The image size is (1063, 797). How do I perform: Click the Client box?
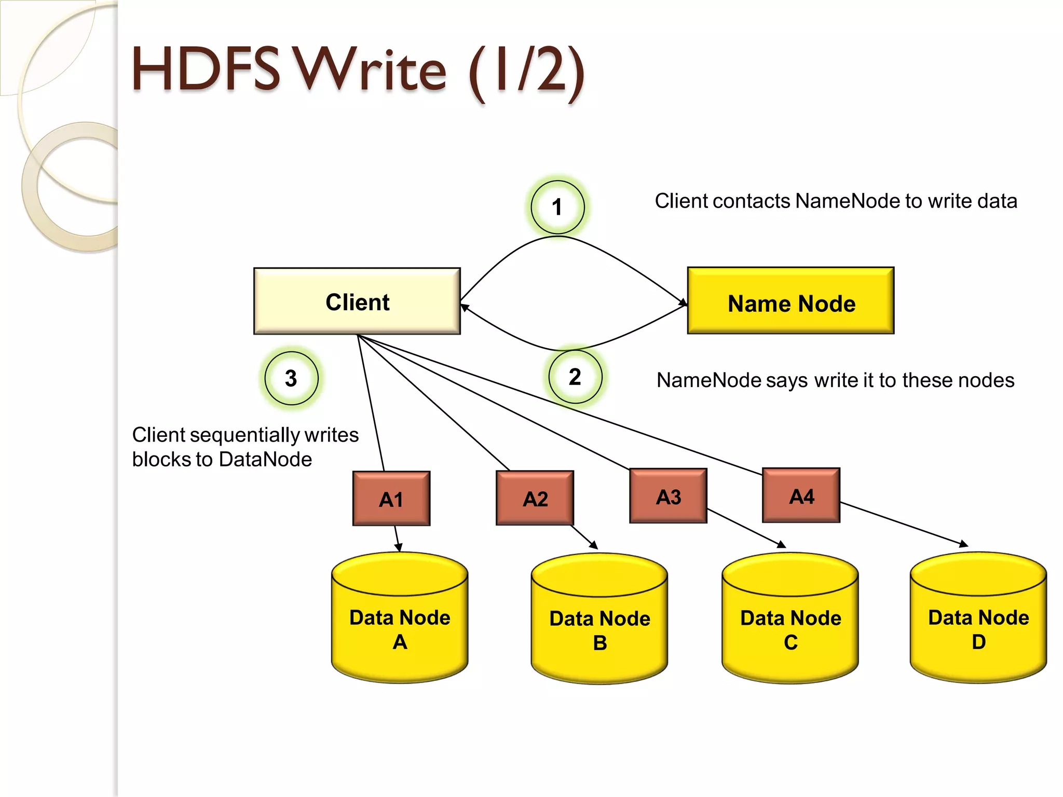pyautogui.click(x=357, y=301)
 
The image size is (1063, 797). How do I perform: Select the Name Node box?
pyautogui.click(x=791, y=301)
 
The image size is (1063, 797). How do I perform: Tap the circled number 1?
pyautogui.click(x=557, y=207)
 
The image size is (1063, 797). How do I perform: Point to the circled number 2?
pyautogui.click(x=575, y=377)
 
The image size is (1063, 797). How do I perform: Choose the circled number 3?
pyautogui.click(x=291, y=378)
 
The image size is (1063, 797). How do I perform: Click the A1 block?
pyautogui.click(x=391, y=499)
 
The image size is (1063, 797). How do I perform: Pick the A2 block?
pyautogui.click(x=535, y=498)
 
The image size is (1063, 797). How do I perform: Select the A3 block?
pyautogui.click(x=669, y=496)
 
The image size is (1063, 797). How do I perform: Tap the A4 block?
pyautogui.click(x=801, y=496)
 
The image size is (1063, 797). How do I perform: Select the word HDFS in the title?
pyautogui.click(x=206, y=70)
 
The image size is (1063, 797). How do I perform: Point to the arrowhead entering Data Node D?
pyautogui.click(x=964, y=544)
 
